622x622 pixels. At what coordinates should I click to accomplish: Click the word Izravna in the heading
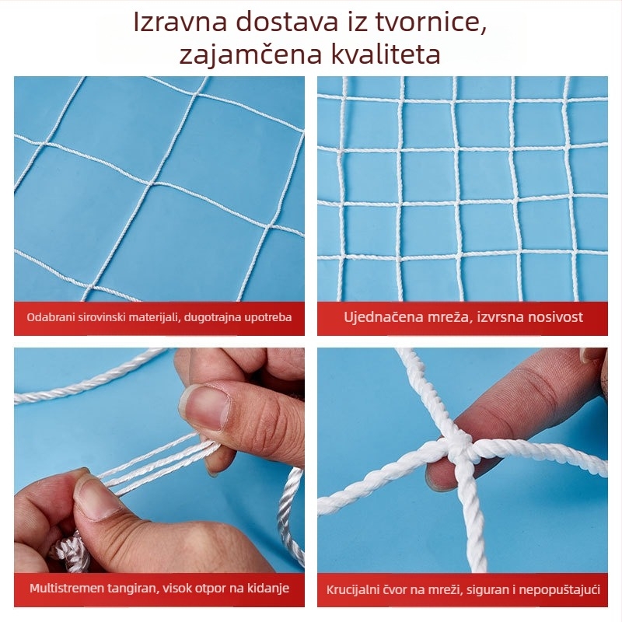[x=175, y=23]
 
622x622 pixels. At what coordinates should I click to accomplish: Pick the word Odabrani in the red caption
[x=49, y=317]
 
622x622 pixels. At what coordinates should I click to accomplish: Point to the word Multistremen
[x=65, y=589]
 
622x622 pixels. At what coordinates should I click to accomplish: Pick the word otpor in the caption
[x=206, y=589]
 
